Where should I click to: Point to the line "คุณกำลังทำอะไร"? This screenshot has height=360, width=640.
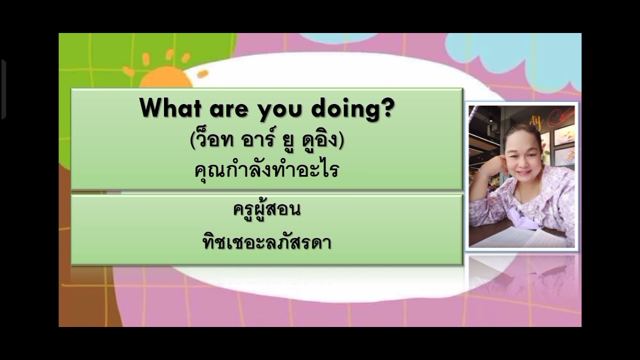(x=266, y=170)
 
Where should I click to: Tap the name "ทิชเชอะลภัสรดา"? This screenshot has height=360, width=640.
(x=266, y=242)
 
